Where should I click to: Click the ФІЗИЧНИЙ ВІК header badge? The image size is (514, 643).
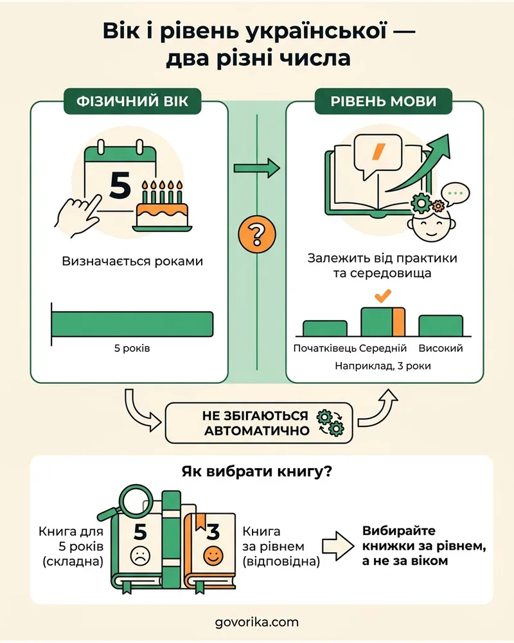pos(132,101)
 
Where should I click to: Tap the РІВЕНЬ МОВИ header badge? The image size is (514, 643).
pos(383,101)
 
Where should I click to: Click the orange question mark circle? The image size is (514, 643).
pos(257,234)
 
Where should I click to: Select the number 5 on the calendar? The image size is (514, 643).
pos(120,185)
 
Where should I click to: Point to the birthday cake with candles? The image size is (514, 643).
pos(163,206)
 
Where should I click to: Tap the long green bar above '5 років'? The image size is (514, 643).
pos(132,324)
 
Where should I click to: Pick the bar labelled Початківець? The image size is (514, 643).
pos(324,329)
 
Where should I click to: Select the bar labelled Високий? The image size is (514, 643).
pos(441,326)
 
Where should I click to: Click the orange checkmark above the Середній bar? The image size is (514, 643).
pos(383,295)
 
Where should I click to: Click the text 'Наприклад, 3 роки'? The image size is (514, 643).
pos(383,365)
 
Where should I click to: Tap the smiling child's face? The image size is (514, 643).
pos(432,224)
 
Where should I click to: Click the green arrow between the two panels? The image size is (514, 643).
pos(257,168)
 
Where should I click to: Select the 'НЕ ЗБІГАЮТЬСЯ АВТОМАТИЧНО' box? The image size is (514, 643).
pos(259,423)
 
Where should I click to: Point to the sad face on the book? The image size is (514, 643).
pos(140,556)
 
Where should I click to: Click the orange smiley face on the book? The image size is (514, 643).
pos(213,556)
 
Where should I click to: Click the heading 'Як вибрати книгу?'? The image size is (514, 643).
pos(256,471)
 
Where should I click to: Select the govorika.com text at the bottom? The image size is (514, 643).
pos(257,622)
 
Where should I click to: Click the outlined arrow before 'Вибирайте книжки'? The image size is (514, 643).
pos(338,546)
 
